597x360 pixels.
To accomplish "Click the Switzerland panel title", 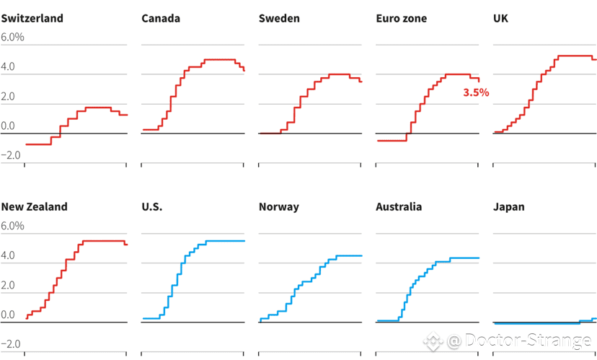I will pos(32,18).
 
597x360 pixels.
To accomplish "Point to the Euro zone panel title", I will pos(401,18).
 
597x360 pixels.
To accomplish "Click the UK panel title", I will pos(500,18).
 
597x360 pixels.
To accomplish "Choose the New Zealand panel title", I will pos(34,206).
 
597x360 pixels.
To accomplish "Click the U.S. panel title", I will pos(152,206).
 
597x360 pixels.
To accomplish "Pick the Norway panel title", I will pos(278,206).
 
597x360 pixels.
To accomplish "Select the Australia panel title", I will pos(399,206).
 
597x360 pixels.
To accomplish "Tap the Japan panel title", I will pos(509,206).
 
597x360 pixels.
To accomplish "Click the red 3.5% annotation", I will pos(476,92).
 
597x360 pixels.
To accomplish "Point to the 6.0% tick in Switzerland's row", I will pos(12,38).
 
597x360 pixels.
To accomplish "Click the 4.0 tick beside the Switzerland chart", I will pos(8,67).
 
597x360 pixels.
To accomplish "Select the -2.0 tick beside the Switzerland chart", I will pos(10,155).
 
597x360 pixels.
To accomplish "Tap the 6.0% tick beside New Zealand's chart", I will pos(12,226).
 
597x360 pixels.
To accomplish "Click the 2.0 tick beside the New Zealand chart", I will pos(8,285).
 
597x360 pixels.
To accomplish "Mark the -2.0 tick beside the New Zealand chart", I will pos(10,343).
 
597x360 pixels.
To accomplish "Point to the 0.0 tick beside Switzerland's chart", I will pos(8,126).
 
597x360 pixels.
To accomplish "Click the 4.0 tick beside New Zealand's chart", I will pos(8,255).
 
